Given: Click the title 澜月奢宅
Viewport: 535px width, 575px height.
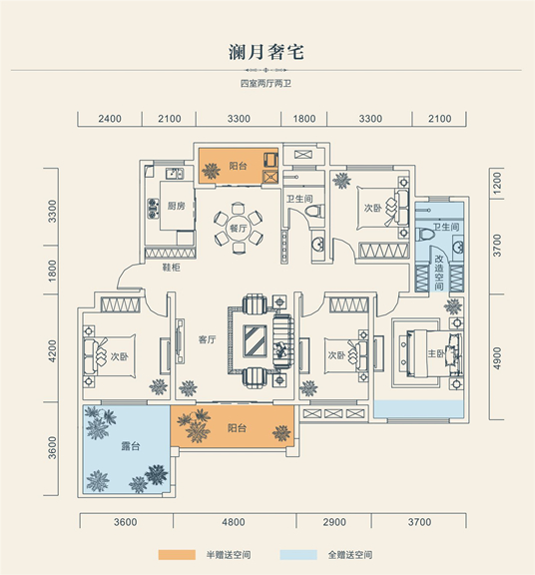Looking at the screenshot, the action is click(267, 52).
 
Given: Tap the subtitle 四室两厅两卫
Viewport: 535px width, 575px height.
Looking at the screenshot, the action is click(266, 84).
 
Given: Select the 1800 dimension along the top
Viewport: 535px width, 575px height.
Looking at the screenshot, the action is click(304, 119).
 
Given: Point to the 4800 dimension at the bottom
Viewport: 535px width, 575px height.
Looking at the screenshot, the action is click(234, 522).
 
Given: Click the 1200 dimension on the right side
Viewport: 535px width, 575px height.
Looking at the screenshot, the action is click(497, 183).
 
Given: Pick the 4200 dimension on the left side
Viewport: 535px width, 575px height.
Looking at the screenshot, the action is click(53, 351).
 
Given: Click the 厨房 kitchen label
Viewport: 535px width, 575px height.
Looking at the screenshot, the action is click(176, 206).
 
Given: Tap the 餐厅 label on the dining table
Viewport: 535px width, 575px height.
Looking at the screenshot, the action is click(238, 228).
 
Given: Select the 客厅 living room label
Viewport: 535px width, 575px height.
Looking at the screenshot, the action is click(208, 339).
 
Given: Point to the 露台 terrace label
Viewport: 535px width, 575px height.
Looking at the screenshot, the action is click(130, 446).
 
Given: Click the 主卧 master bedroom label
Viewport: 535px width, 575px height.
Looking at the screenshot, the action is click(435, 353).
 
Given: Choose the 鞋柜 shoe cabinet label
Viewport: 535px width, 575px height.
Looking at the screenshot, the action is click(172, 268).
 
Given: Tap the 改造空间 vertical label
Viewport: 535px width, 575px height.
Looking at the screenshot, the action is click(439, 273).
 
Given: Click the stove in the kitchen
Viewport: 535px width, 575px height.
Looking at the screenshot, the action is click(154, 209).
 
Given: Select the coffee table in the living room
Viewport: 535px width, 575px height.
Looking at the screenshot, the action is click(256, 340).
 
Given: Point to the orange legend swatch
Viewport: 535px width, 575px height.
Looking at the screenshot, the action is click(177, 554).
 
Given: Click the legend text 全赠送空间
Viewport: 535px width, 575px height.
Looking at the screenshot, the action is click(350, 554).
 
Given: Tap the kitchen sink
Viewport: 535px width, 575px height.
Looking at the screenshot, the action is click(175, 173).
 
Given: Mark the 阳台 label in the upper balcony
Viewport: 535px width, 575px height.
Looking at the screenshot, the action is click(238, 166).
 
